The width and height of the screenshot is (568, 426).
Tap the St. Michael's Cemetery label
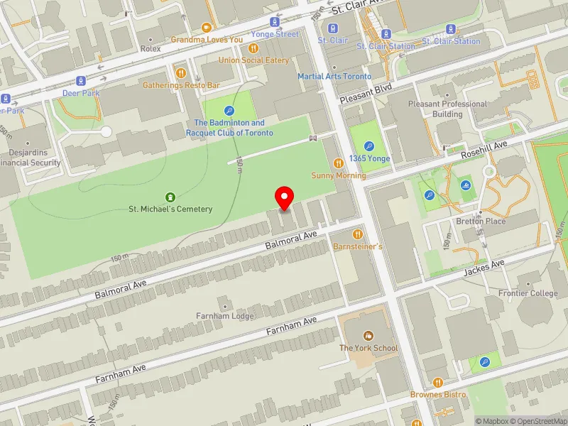click(x=170, y=209)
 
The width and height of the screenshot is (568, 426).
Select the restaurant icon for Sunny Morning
click(x=337, y=163)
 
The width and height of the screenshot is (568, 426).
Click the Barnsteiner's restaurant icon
click(x=358, y=234)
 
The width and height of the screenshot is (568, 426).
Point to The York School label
click(x=368, y=348)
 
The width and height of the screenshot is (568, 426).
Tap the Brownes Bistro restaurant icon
click(x=437, y=383)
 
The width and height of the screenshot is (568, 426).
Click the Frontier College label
click(x=528, y=293)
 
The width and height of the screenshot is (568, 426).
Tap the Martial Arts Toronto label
click(x=334, y=76)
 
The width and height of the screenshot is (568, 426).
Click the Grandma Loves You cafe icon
click(x=207, y=28)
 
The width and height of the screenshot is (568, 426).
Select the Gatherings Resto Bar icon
click(x=180, y=72)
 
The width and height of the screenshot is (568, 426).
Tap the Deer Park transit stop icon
click(x=82, y=81)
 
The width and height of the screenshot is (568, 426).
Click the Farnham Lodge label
click(x=224, y=316)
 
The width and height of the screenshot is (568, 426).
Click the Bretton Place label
click(x=481, y=221)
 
